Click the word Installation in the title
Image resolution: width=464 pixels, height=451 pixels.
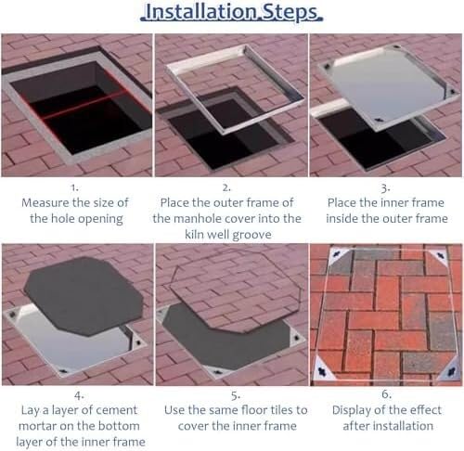click(200, 11)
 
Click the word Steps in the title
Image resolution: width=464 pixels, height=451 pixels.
click(290, 12)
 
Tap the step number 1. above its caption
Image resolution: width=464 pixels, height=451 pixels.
click(74, 187)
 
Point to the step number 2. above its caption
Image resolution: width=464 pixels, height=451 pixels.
click(226, 187)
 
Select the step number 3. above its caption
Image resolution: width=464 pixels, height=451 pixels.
click(385, 187)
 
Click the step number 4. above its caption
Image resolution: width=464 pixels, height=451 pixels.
click(79, 395)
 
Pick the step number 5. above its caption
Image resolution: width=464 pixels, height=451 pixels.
click(236, 395)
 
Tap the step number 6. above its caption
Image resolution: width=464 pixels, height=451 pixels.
click(387, 394)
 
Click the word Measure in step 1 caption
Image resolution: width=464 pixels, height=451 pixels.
click(45, 202)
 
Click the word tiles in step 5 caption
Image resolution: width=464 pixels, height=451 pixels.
click(282, 410)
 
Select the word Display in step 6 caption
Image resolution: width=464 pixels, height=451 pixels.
click(352, 411)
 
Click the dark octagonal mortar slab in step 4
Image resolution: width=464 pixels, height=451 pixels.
click(84, 295)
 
